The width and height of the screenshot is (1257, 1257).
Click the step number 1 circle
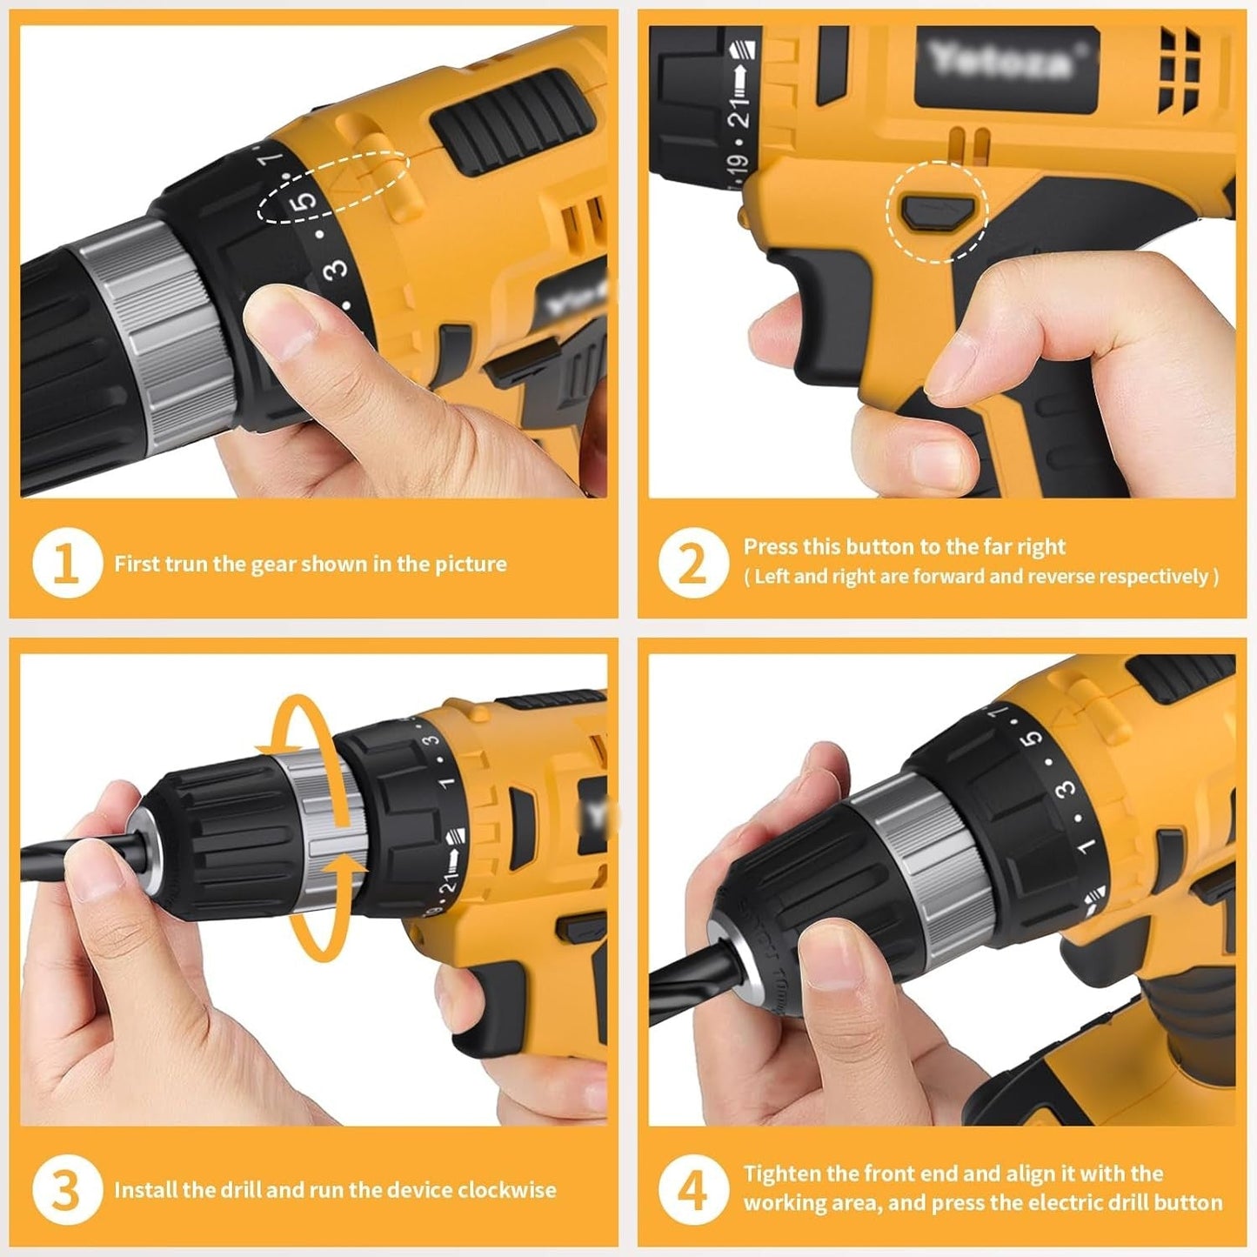[68, 565]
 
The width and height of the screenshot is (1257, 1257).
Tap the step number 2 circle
[692, 565]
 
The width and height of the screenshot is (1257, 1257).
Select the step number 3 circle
[68, 1190]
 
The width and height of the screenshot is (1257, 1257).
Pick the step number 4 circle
[692, 1190]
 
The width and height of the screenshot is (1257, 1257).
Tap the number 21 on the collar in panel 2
[739, 111]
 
